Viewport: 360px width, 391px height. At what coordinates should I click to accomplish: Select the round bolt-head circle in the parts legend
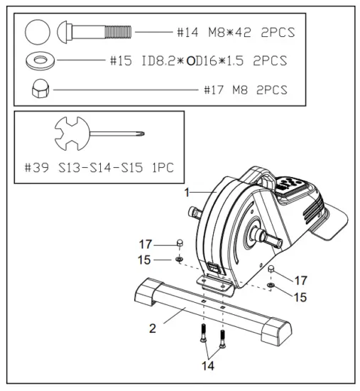tap(36, 33)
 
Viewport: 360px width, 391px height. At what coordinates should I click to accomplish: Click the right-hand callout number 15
tap(300, 297)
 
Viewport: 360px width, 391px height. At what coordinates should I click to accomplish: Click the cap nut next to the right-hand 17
tap(272, 269)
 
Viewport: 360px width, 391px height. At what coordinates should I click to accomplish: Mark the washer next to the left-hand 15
tap(180, 259)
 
